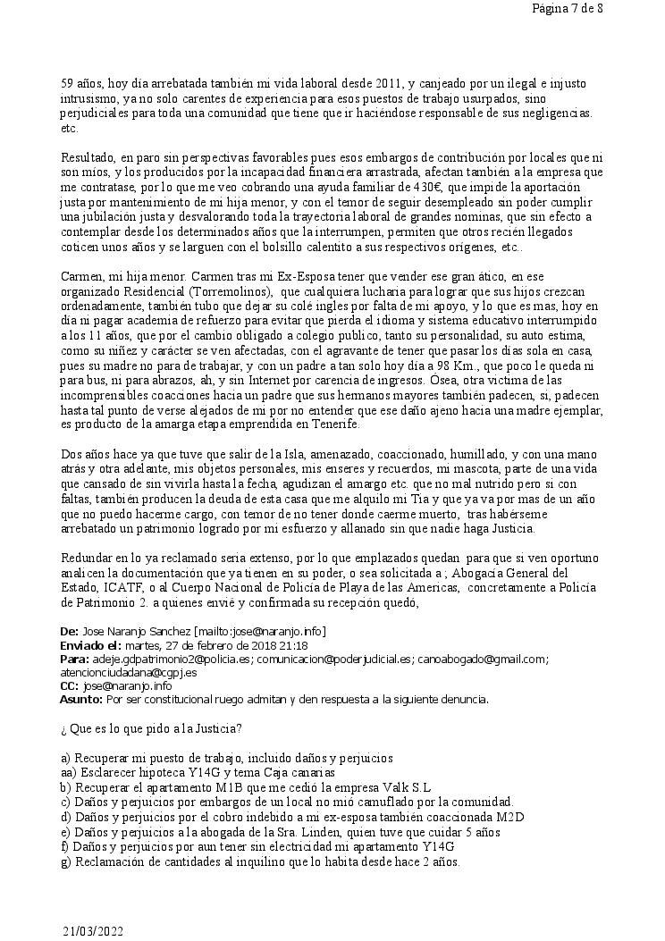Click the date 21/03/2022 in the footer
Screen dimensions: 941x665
93,931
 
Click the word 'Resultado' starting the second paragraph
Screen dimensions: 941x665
88,156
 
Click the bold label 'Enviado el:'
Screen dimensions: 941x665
90,646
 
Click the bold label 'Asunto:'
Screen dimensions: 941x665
81,699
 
